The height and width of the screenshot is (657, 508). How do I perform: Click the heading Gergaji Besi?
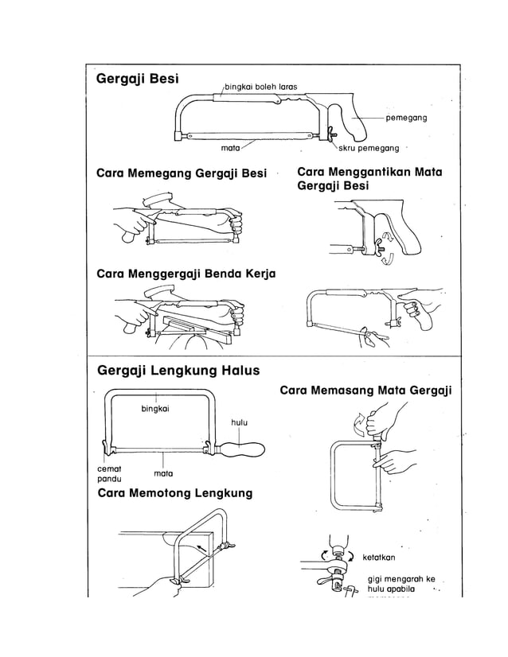[x=137, y=80]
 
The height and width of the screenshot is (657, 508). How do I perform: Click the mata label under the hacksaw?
[x=231, y=148]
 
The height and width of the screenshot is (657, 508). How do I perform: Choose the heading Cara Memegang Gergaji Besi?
[x=181, y=173]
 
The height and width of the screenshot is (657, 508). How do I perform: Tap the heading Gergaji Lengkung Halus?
[x=178, y=371]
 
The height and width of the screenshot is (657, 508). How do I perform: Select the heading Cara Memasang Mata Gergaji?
[x=365, y=390]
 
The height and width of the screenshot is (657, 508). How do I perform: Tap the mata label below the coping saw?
[x=164, y=473]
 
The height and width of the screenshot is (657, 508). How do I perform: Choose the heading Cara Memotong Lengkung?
[x=174, y=493]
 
